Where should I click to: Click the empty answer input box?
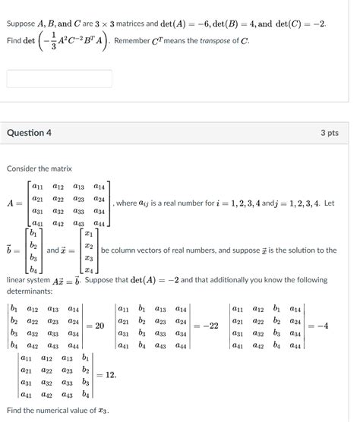(x=59, y=79)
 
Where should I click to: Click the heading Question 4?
(x=30, y=133)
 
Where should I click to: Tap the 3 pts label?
(x=329, y=133)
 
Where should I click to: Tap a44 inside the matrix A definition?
(x=99, y=223)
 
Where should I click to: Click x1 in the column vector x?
(x=89, y=233)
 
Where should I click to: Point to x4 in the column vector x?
(x=89, y=269)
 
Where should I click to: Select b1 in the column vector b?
(x=33, y=233)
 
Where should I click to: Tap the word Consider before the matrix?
(x=23, y=168)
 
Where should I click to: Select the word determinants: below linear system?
(x=31, y=291)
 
